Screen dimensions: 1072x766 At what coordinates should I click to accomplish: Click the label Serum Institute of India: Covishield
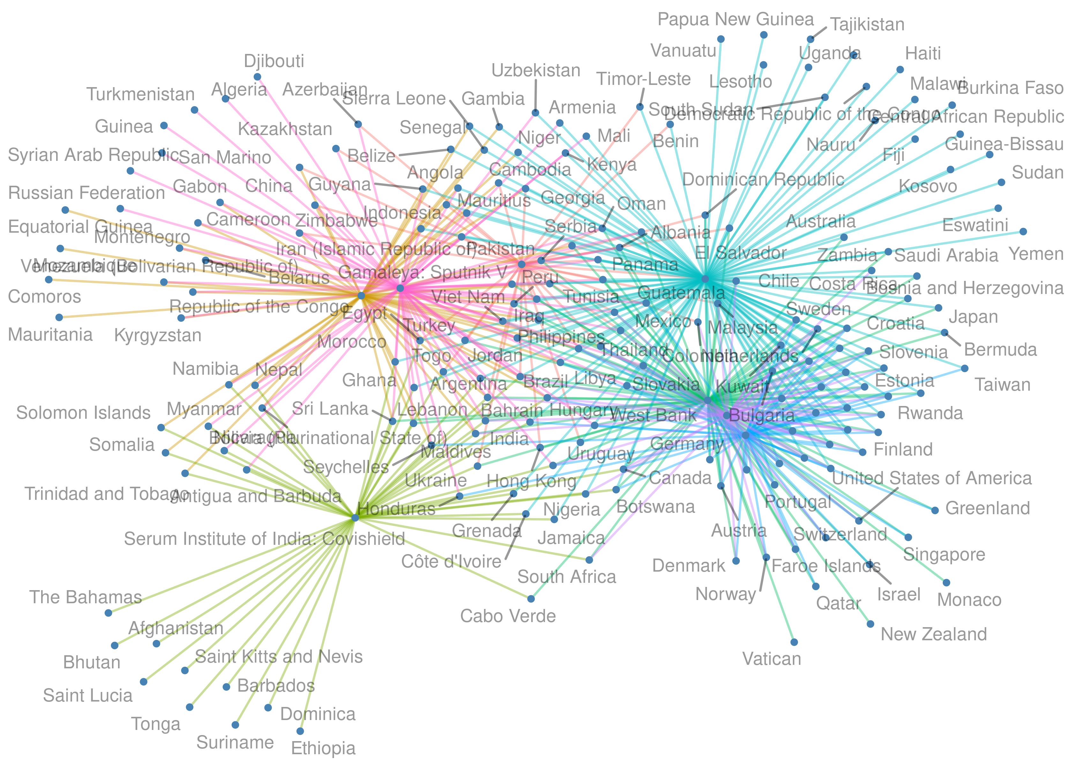(x=264, y=539)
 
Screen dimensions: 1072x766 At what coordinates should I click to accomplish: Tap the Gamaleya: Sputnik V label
(x=422, y=272)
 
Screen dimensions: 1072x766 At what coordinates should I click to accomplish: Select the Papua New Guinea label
(x=735, y=20)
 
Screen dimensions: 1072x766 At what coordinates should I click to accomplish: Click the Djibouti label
(x=274, y=61)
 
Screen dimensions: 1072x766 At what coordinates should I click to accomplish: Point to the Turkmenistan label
(x=140, y=94)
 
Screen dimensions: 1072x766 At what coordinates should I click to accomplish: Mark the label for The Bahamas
(x=86, y=597)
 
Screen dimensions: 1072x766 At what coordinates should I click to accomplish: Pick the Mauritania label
(x=50, y=335)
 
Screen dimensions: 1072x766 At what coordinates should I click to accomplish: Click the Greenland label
(x=988, y=508)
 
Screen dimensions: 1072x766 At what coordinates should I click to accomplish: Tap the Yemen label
(x=1036, y=254)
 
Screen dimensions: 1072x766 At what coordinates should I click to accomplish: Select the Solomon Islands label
(x=84, y=413)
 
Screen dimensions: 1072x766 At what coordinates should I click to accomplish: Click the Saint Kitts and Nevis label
(x=279, y=657)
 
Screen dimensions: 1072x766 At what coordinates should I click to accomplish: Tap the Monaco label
(x=969, y=600)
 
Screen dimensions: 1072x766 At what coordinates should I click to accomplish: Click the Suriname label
(x=235, y=742)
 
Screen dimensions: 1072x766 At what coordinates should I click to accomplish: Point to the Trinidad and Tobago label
(x=107, y=494)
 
